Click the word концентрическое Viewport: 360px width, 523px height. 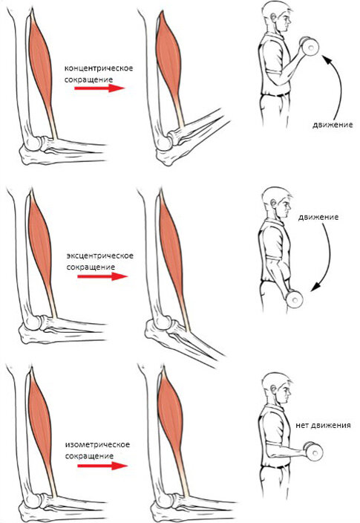99,68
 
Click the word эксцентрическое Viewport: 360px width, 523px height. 100,256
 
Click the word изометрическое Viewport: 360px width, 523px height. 97,445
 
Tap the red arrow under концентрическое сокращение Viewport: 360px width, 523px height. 99,88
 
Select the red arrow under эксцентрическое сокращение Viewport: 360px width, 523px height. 102,276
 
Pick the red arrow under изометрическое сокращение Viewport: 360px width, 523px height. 102,466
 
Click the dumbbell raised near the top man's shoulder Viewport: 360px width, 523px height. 310,46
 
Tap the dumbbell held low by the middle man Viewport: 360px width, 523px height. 295,299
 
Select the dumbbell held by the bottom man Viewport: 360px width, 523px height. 314,451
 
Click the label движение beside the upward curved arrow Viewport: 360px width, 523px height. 333,125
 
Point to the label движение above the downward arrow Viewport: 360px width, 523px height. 318,217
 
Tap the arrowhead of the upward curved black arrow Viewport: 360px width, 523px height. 327,60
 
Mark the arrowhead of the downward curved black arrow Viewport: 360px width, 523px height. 315,286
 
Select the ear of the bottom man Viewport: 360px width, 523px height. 274,389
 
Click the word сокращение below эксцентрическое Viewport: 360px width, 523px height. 91,267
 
